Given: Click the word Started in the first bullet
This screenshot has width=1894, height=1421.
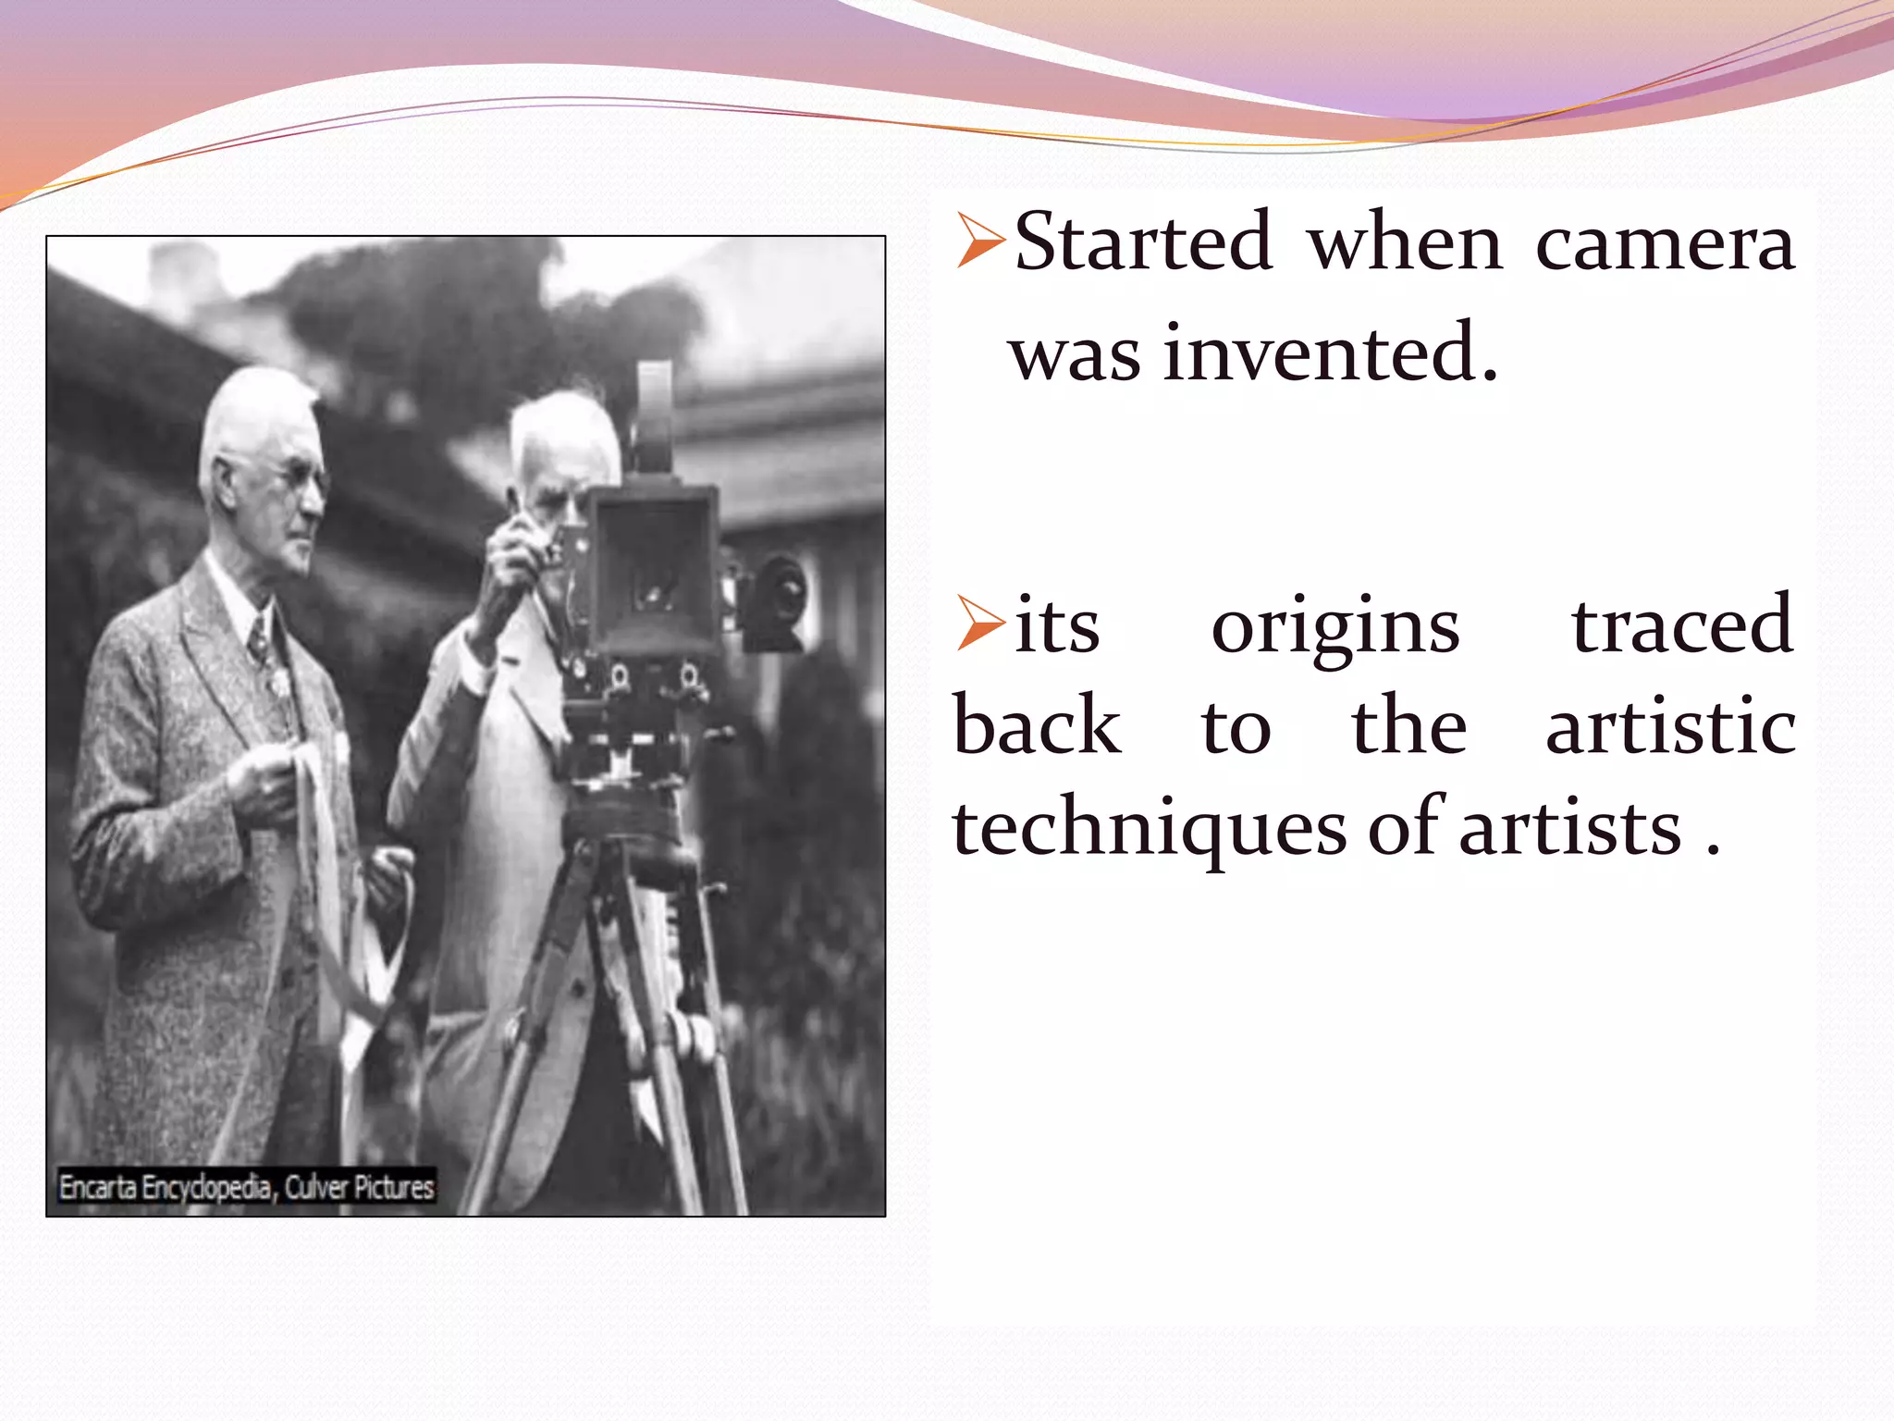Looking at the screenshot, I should pos(1143,242).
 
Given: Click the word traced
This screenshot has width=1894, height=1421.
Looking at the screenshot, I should pos(1682,625).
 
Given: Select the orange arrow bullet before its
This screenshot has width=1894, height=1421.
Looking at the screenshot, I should pos(980,623).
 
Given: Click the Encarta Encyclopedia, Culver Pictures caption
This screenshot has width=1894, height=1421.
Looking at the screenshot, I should pos(246,1187).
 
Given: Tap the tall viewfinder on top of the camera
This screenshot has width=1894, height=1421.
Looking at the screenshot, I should pos(655,416).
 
